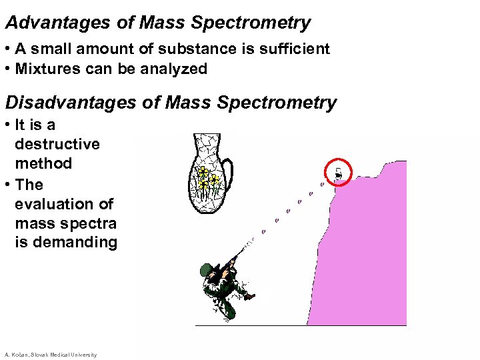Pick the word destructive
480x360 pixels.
[57, 144]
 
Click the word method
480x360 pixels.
[43, 163]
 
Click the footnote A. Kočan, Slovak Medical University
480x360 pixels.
[51, 355]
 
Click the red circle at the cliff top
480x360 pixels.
[338, 173]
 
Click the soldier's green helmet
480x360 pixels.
[206, 270]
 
